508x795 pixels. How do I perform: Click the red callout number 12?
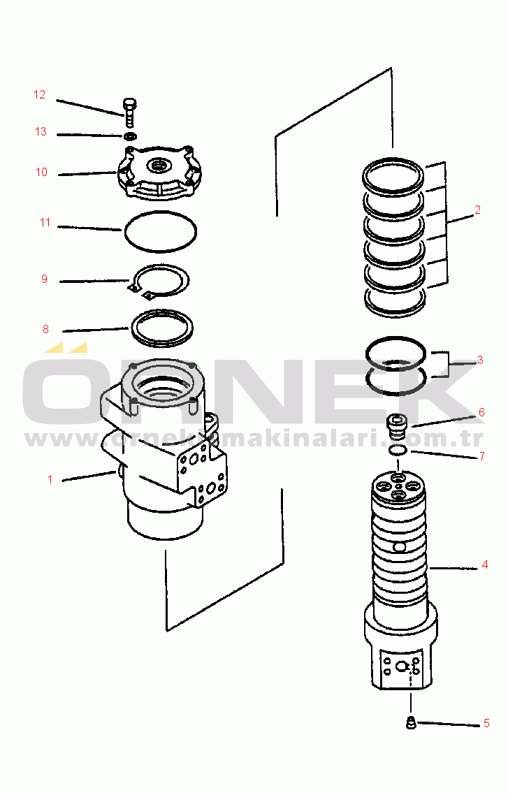point(40,95)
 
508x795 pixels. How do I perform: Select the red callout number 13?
point(41,132)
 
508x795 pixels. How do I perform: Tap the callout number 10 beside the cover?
point(41,173)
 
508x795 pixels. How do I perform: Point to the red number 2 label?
point(477,210)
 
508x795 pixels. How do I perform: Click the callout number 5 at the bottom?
point(486,724)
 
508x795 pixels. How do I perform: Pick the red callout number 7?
point(482,456)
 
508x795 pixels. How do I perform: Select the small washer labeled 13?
point(130,136)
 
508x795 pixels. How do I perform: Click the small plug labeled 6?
point(395,427)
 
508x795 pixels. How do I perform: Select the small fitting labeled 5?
point(411,724)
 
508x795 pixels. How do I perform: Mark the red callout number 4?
point(485,565)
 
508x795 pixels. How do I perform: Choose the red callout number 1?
point(50,480)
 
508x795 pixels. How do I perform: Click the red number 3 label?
point(480,360)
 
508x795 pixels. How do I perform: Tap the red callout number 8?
point(45,330)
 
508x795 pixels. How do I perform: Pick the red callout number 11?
point(45,223)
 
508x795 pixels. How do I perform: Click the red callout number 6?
point(481,412)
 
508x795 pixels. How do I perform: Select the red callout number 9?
point(44,279)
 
